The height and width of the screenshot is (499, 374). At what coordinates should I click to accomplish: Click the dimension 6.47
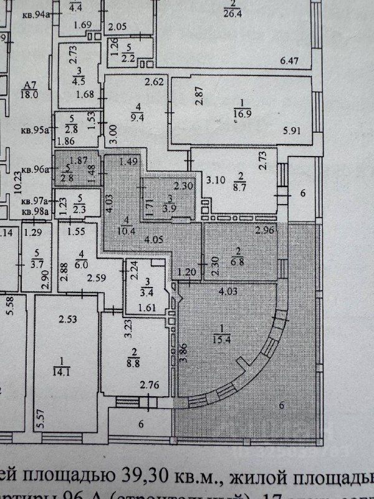click(290, 61)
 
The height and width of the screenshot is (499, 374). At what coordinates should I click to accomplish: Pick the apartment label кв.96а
click(34, 170)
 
